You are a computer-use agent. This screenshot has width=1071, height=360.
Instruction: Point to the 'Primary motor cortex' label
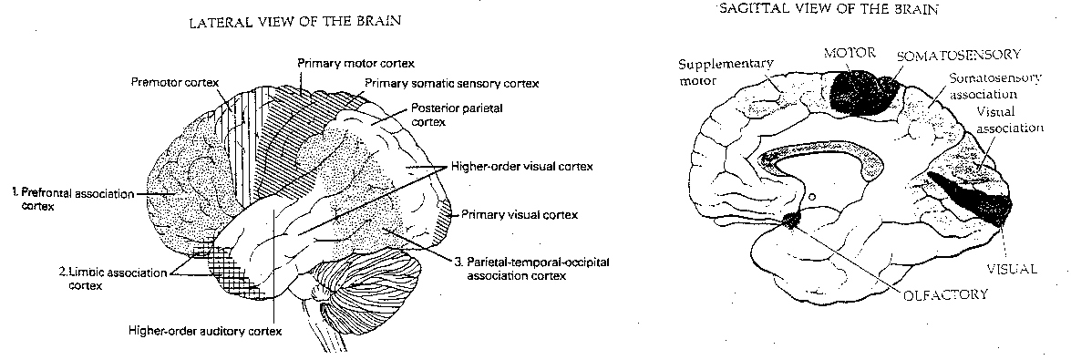(355, 64)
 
